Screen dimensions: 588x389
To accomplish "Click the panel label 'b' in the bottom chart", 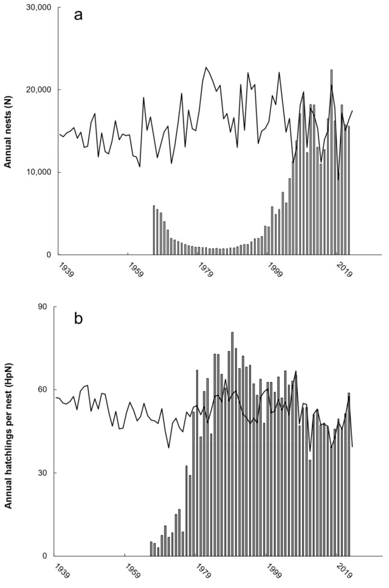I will click(x=78, y=318).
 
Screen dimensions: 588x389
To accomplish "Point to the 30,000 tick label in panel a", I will click(x=37, y=8).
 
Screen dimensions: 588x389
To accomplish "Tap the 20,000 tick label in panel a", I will click(x=37, y=90).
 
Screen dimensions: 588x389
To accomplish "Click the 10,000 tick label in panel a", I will click(x=37, y=172).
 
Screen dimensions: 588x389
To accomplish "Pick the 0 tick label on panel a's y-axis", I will click(x=49, y=255).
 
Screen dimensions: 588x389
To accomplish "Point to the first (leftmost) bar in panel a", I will click(x=154, y=230).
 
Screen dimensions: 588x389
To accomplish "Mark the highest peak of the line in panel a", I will click(x=206, y=68).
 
